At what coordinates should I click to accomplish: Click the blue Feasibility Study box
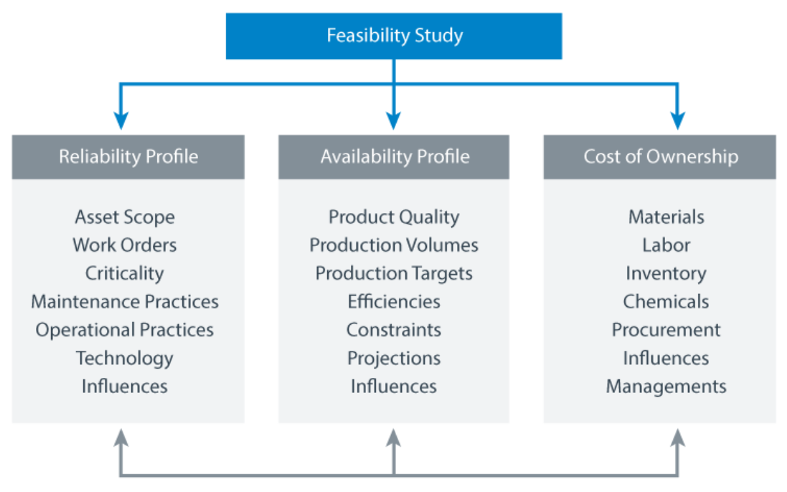click(393, 36)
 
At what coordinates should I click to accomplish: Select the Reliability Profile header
click(128, 157)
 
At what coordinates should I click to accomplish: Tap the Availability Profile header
click(394, 157)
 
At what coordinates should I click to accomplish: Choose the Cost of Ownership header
click(660, 157)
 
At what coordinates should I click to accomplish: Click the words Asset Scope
click(125, 216)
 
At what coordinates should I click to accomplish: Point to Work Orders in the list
click(125, 245)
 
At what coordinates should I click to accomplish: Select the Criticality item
click(125, 274)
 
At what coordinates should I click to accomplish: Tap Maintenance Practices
click(125, 302)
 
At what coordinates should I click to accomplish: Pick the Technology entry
click(125, 358)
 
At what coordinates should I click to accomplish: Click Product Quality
click(393, 216)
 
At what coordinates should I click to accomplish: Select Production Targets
click(393, 274)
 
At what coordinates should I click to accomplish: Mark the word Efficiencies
click(393, 302)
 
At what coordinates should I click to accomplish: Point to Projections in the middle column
click(393, 358)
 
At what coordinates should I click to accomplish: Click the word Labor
click(666, 245)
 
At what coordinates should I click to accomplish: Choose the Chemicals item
click(666, 302)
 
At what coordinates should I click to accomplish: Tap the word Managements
click(666, 386)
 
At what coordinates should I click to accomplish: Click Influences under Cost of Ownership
click(666, 358)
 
